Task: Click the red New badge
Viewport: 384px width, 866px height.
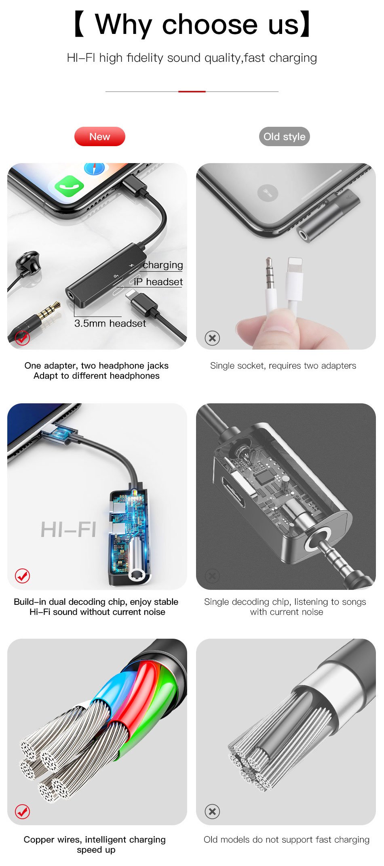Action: tap(100, 136)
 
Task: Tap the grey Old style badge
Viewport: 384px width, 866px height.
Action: tap(285, 136)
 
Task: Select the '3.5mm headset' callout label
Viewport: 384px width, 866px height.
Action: tap(110, 323)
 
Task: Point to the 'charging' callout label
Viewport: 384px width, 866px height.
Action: tap(163, 265)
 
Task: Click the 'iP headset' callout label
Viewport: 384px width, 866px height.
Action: tap(158, 282)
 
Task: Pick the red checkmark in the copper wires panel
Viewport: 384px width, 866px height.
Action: tap(23, 811)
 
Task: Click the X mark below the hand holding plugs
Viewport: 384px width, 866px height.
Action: tap(212, 338)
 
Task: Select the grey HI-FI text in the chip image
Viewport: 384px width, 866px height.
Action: tap(68, 530)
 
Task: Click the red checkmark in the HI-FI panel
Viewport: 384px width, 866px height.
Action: tap(23, 575)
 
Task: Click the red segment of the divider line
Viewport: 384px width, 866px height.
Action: tap(192, 92)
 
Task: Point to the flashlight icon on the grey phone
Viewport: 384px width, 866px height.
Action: tap(268, 193)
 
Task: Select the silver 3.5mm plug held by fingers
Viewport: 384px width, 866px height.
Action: tap(270, 283)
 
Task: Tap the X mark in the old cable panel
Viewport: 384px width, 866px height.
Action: tap(212, 811)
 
